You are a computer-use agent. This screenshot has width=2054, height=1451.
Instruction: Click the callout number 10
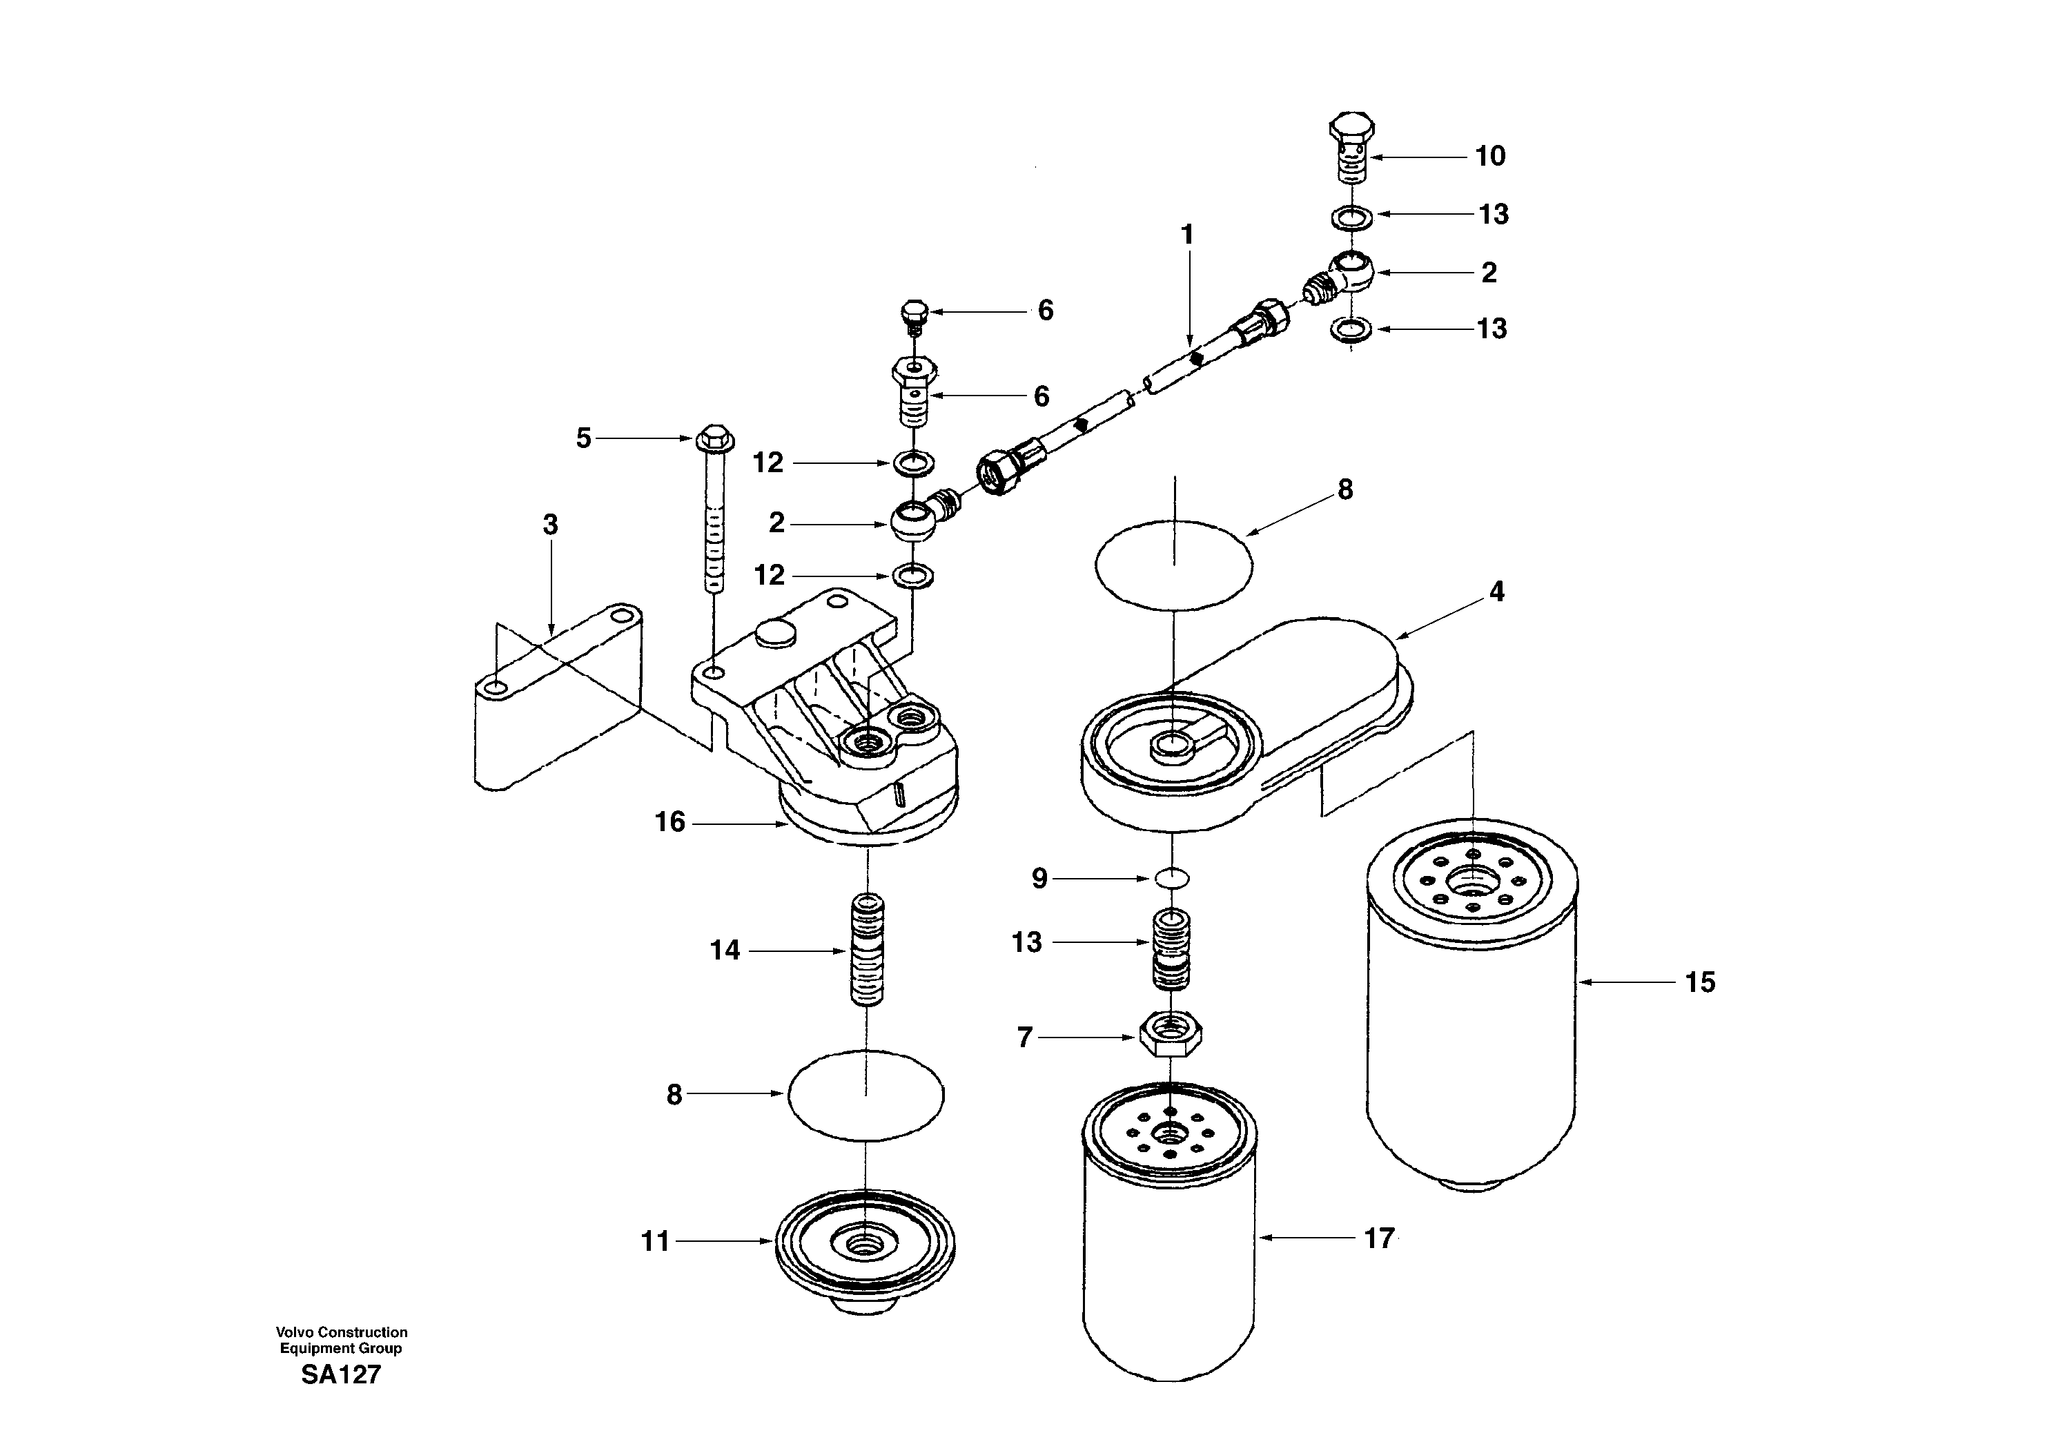pyautogui.click(x=1489, y=157)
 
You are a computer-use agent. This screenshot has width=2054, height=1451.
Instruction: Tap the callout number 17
pyautogui.click(x=1378, y=1238)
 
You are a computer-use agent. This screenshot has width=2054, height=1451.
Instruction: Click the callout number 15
pyautogui.click(x=1700, y=982)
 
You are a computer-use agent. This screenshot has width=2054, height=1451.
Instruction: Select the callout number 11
pyautogui.click(x=655, y=1242)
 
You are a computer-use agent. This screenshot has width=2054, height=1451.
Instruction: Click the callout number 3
pyautogui.click(x=550, y=525)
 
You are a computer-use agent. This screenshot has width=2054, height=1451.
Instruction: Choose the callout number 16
pyautogui.click(x=669, y=822)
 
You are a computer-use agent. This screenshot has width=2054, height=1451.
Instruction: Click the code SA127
pyautogui.click(x=341, y=1375)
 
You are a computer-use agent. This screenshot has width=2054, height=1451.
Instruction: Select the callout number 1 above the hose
pyautogui.click(x=1187, y=235)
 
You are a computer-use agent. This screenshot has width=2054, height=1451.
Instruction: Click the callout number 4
pyautogui.click(x=1496, y=592)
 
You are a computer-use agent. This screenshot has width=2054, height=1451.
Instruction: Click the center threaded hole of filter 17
pyautogui.click(x=1168, y=1134)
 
